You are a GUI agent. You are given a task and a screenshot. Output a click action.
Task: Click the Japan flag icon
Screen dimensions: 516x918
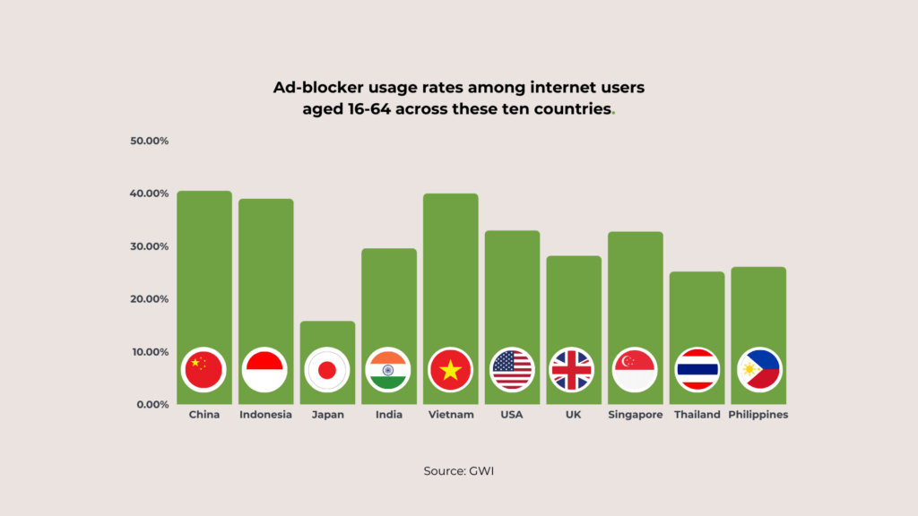tap(327, 369)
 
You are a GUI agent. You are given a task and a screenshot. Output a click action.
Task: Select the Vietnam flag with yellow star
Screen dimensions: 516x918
tap(450, 369)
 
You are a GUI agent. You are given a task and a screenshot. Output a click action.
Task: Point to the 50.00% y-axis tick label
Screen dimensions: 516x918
tap(150, 141)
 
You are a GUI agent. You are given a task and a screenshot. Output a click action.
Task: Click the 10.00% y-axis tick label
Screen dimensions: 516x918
tap(150, 351)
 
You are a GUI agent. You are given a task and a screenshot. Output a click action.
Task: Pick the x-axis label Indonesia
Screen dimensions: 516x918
tap(265, 415)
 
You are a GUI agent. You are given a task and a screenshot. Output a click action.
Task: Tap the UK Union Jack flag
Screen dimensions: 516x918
tap(571, 369)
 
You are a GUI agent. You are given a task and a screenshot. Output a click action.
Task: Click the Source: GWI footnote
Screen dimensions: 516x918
tap(458, 470)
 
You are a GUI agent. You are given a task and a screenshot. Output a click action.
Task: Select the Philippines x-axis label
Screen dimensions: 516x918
tap(758, 415)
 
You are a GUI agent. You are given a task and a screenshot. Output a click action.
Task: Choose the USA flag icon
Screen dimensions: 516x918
tap(512, 369)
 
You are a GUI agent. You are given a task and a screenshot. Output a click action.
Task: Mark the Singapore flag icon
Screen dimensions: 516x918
tap(635, 369)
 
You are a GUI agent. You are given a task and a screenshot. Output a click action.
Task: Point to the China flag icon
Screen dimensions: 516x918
tap(204, 369)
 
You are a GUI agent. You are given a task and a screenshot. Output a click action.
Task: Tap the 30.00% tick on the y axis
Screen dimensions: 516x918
tap(150, 246)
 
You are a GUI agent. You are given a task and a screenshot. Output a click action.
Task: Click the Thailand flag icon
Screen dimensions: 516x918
tap(697, 369)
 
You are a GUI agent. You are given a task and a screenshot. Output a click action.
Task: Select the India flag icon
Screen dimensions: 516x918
tap(388, 369)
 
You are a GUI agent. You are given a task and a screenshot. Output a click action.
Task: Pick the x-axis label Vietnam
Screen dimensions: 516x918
tap(450, 415)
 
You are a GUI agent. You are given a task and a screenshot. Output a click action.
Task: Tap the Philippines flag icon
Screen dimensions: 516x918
tap(758, 369)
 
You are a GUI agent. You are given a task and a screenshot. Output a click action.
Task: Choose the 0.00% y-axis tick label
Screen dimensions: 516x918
tap(153, 404)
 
